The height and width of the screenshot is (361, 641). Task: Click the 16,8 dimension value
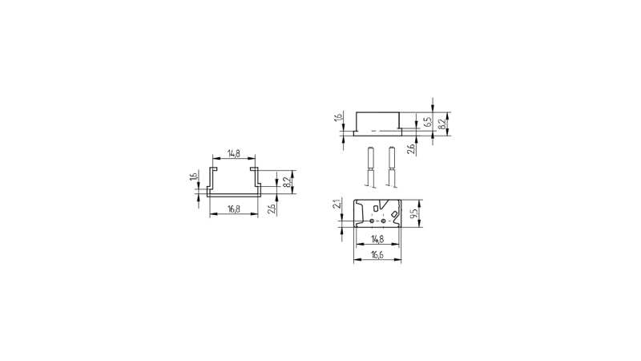[234, 209]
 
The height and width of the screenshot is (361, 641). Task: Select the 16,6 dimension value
[377, 254]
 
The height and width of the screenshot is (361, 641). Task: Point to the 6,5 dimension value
[428, 122]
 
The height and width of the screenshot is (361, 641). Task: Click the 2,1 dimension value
[337, 204]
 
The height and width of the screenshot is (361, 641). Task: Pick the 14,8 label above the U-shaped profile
[234, 154]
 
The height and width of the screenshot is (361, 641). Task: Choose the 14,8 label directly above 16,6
[377, 238]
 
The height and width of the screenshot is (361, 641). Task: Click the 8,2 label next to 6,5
[442, 124]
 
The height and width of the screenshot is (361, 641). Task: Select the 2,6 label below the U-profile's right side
[272, 209]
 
